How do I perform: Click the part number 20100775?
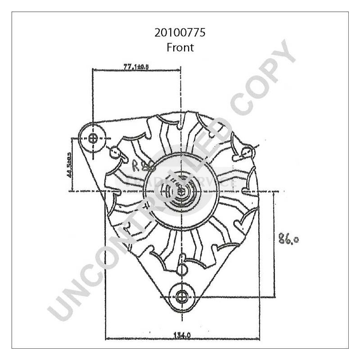click(180, 33)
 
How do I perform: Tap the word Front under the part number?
click(180, 47)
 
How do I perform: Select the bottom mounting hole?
click(181, 296)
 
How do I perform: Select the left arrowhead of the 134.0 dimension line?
click(106, 338)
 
